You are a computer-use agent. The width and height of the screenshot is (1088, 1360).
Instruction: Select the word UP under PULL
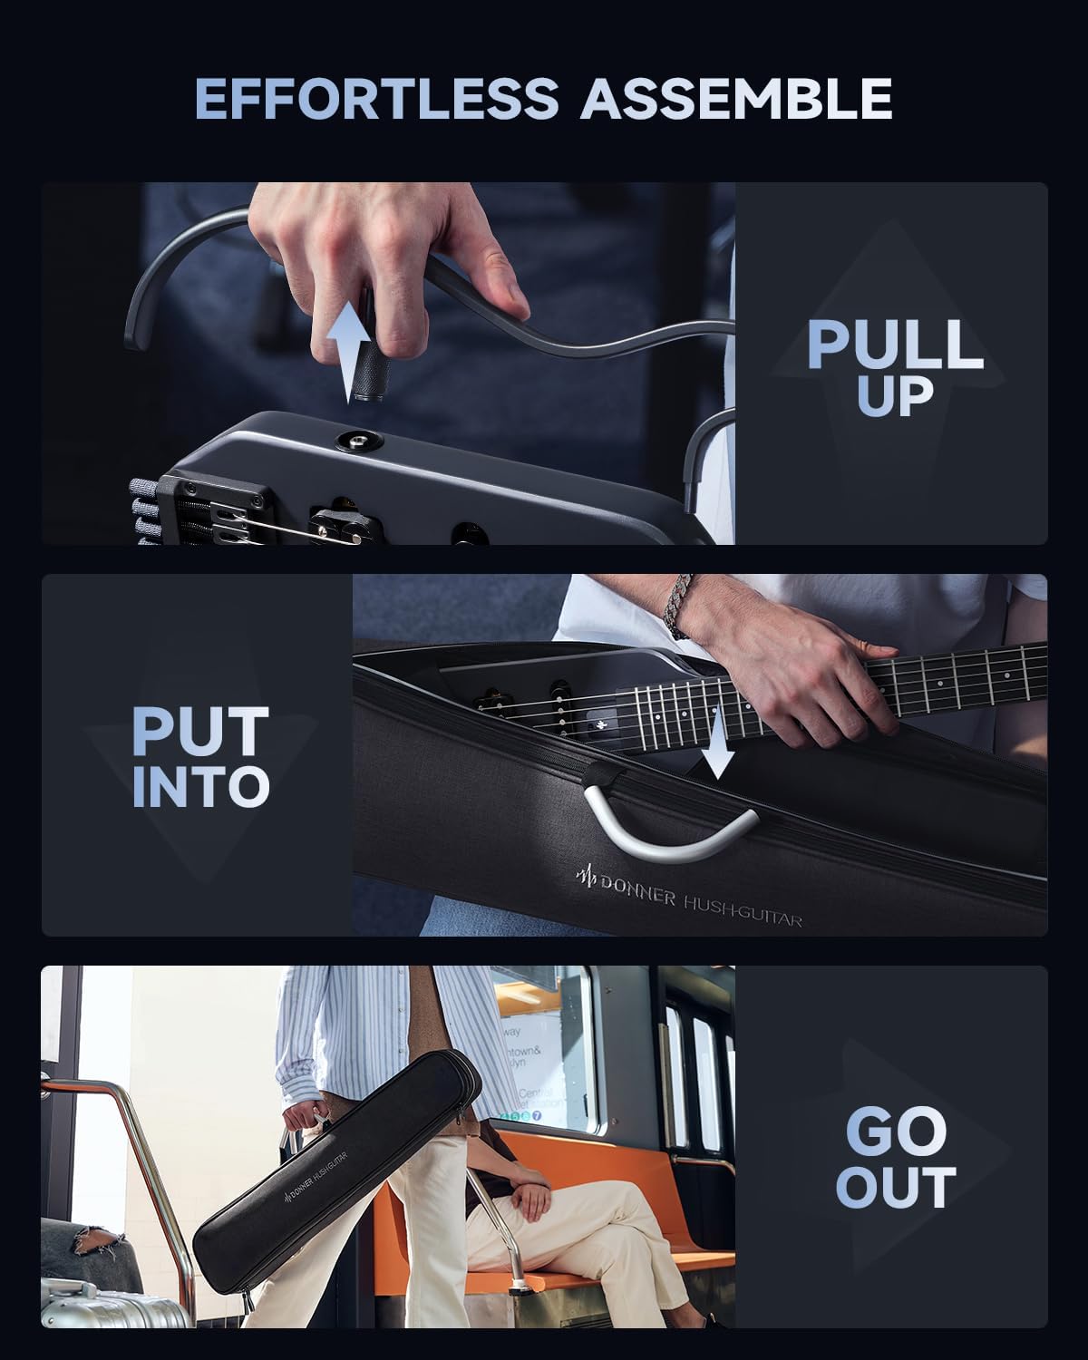(x=895, y=395)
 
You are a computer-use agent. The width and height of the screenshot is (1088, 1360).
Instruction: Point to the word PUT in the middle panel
(x=200, y=733)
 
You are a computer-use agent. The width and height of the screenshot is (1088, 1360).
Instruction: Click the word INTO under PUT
(x=200, y=787)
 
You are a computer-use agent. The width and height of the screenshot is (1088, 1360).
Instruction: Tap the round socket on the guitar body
(x=356, y=442)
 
